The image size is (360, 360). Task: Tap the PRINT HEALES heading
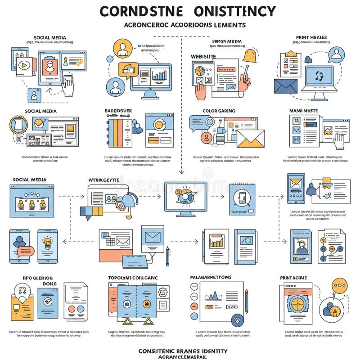311,37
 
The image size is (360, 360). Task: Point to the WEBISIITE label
203,56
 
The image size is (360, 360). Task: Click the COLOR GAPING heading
219,111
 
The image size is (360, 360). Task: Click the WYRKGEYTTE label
104,180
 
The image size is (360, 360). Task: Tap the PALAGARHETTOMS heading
211,277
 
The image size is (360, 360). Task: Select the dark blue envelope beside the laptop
286,85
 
